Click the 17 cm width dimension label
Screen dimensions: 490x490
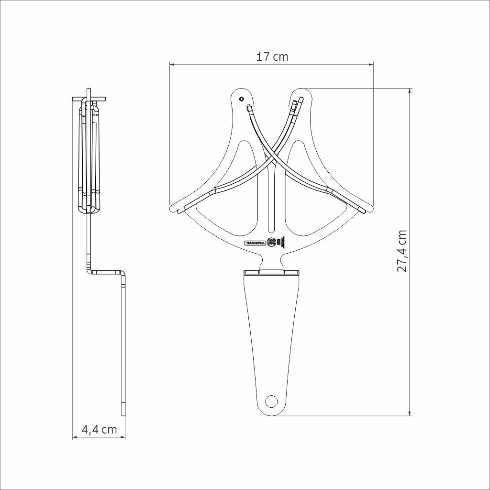(272, 56)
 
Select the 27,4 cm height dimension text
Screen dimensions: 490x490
(402, 251)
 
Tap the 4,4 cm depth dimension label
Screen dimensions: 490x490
(99, 429)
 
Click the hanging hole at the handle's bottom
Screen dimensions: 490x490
(271, 401)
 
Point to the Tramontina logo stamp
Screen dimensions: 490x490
(255, 243)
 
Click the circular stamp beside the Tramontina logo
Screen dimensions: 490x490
(272, 242)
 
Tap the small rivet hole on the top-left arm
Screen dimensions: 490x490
(241, 99)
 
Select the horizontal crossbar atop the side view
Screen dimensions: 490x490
(89, 99)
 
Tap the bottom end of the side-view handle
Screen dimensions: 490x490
(123, 413)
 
